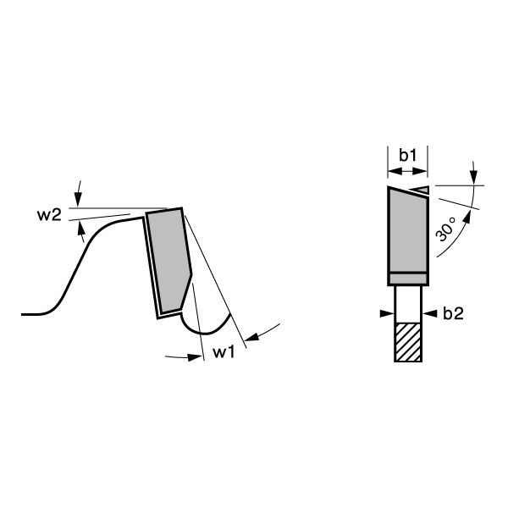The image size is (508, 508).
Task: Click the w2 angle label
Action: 49,215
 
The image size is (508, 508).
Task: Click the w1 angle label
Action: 224,352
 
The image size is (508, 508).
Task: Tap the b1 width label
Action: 407,155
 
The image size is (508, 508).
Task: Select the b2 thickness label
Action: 453,313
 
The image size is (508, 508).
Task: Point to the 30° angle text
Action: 445,229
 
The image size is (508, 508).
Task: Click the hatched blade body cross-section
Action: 408,342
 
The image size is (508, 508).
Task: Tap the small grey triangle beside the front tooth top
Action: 421,189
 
